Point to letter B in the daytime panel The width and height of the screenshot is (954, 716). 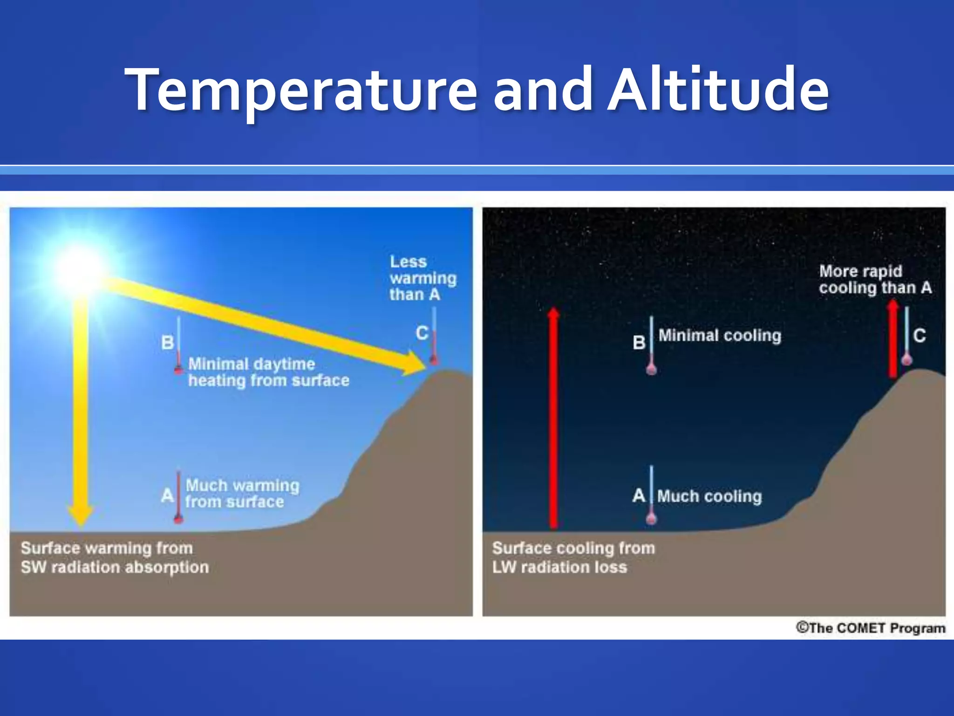tap(167, 343)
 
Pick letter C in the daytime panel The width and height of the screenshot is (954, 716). tap(422, 333)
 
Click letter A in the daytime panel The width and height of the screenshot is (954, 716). tap(167, 495)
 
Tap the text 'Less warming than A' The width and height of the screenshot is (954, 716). tap(422, 278)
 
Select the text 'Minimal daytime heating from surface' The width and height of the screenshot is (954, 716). tap(268, 372)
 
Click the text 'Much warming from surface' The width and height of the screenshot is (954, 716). tap(241, 494)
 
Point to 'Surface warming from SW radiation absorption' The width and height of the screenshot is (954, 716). tap(115, 558)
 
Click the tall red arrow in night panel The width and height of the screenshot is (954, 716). tap(553, 420)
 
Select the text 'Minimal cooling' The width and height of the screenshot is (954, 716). tap(719, 336)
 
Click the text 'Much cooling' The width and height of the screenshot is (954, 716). tap(709, 496)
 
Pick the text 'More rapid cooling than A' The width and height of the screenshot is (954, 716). tap(875, 279)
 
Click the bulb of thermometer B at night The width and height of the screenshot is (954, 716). tap(651, 369)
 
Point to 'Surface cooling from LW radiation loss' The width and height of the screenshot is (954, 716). tap(573, 558)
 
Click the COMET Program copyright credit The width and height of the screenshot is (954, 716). tap(870, 628)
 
